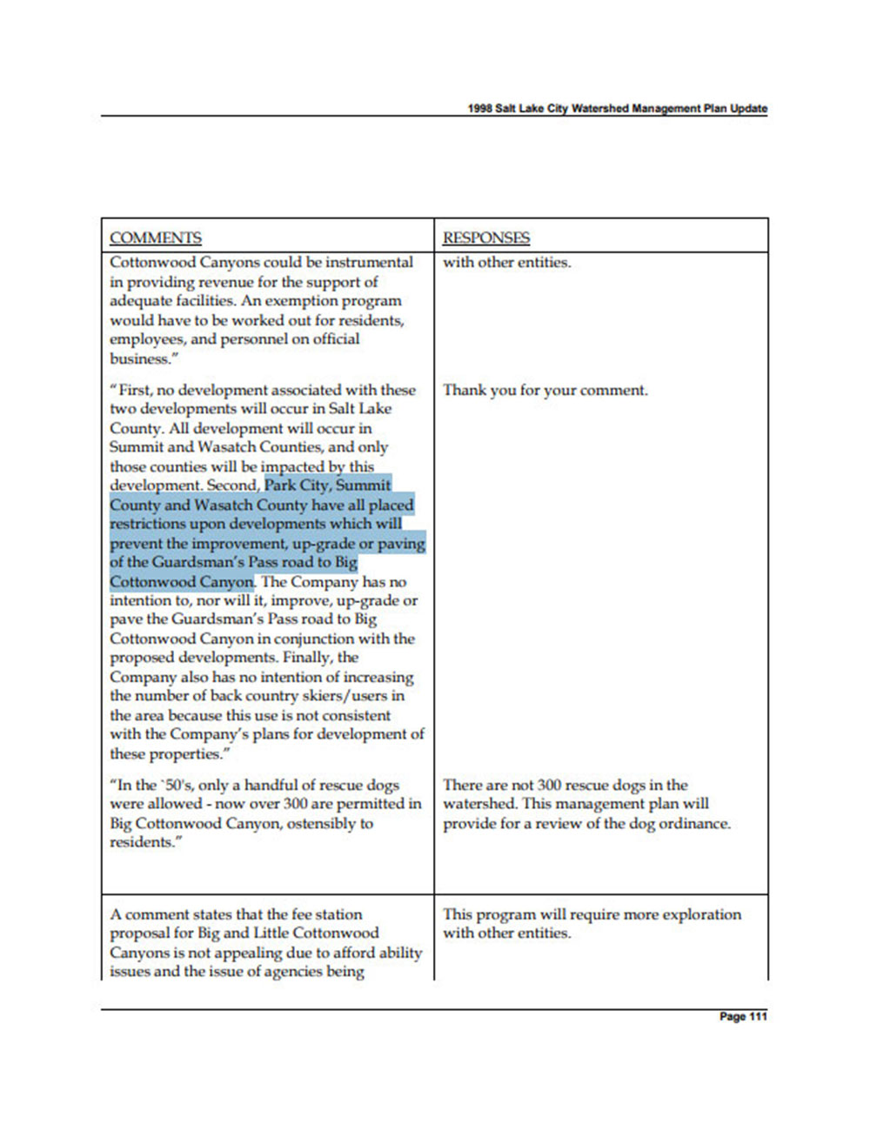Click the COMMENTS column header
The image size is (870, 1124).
click(156, 238)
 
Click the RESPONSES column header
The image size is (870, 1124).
click(486, 238)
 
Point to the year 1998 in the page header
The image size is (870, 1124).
click(479, 109)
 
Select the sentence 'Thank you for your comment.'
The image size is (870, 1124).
click(545, 390)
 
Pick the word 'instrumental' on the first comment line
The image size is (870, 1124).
click(370, 262)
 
